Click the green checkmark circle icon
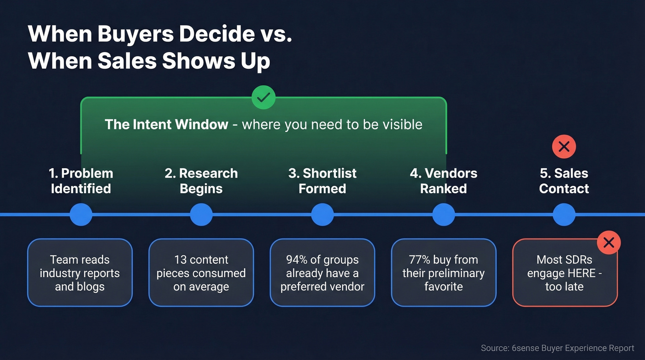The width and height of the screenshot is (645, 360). (x=264, y=97)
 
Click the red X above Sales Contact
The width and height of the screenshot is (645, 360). (x=564, y=147)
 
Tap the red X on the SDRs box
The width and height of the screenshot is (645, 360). (x=609, y=242)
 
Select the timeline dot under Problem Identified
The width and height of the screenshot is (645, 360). (x=81, y=214)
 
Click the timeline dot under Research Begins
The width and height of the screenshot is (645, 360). (x=201, y=214)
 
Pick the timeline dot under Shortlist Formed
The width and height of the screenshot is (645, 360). (x=322, y=214)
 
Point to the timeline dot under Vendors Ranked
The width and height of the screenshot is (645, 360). (x=444, y=214)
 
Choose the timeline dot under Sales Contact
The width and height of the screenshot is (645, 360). (x=564, y=214)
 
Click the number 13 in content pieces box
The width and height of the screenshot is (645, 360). (x=181, y=260)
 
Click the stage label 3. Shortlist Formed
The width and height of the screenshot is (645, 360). (x=322, y=181)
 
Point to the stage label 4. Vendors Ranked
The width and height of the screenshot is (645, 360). (x=444, y=181)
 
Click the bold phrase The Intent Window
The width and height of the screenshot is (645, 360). (x=166, y=124)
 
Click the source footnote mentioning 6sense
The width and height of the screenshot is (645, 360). (x=557, y=348)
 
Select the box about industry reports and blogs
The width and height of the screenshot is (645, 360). (x=80, y=272)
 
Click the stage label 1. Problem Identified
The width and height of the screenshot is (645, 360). (x=81, y=181)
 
